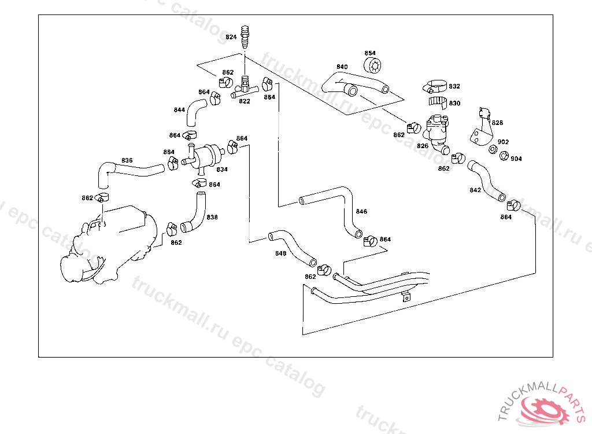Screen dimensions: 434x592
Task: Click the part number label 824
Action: pyautogui.click(x=231, y=37)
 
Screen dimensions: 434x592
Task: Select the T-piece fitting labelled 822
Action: pyautogui.click(x=245, y=89)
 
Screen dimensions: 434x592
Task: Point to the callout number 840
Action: pyautogui.click(x=342, y=67)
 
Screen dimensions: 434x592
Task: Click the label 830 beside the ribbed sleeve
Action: pyautogui.click(x=454, y=104)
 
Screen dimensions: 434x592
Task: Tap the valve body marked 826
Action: pyautogui.click(x=435, y=131)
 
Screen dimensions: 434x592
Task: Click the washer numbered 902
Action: pyautogui.click(x=493, y=150)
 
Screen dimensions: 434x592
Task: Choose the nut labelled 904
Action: pyautogui.click(x=504, y=155)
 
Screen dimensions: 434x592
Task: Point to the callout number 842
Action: pyautogui.click(x=475, y=190)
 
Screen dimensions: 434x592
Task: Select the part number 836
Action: pyautogui.click(x=127, y=160)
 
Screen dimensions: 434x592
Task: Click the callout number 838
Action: pyautogui.click(x=212, y=218)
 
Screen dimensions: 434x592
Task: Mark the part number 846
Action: pyautogui.click(x=361, y=212)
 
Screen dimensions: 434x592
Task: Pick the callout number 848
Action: pyautogui.click(x=280, y=253)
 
